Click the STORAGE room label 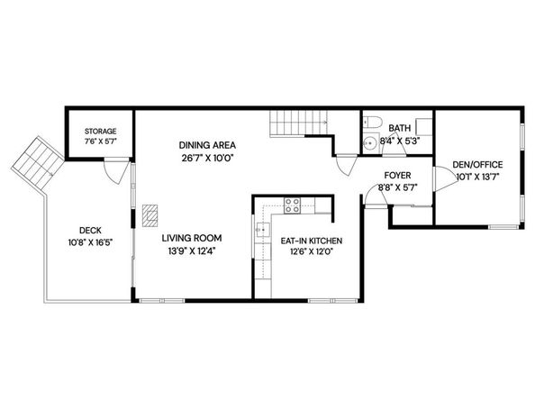pyautogui.click(x=100, y=132)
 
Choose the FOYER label pyautogui.click(x=397, y=176)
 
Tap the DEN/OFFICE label pyautogui.click(x=478, y=165)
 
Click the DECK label pyautogui.click(x=89, y=230)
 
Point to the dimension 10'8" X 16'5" pyautogui.click(x=89, y=243)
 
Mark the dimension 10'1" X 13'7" pyautogui.click(x=478, y=178)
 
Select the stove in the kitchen pyautogui.click(x=292, y=204)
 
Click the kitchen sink pyautogui.click(x=263, y=232)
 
